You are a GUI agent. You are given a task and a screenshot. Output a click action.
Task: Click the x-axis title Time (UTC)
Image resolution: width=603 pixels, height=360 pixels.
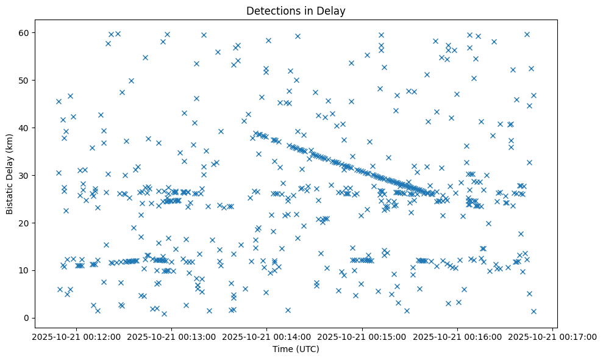tap(295, 350)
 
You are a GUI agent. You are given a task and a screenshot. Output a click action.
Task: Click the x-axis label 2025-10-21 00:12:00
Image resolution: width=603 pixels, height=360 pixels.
tap(76, 336)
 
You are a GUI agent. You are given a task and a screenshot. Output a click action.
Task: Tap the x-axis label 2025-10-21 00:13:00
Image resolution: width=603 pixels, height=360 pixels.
tap(171, 336)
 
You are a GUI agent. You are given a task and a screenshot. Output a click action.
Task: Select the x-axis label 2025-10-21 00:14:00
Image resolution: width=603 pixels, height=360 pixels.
tap(266, 336)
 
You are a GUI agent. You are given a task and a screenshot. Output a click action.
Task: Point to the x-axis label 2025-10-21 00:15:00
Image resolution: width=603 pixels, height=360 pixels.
tap(362, 336)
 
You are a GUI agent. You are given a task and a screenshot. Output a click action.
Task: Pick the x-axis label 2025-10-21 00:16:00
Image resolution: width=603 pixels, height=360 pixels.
tap(457, 336)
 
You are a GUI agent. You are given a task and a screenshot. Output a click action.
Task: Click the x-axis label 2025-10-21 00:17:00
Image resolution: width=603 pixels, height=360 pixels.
tap(553, 336)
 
